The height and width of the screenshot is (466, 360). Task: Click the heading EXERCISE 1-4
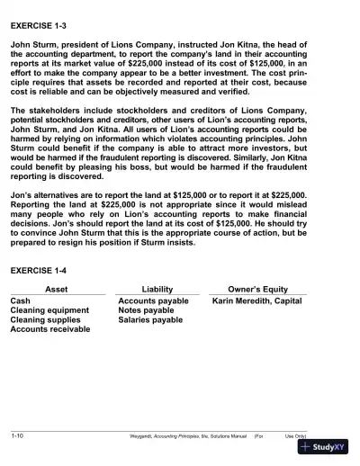click(x=40, y=270)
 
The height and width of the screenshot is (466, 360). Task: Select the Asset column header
click(x=56, y=289)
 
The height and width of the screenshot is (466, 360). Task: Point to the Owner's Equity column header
click(x=257, y=289)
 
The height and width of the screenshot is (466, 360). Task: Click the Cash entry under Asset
click(x=20, y=300)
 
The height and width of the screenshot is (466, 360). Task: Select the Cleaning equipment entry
click(x=49, y=310)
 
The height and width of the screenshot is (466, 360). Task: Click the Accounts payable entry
click(x=153, y=300)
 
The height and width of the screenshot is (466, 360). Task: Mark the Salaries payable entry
click(x=150, y=320)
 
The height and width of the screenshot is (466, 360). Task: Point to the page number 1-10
click(x=17, y=435)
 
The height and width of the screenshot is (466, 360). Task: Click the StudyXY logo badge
click(x=324, y=447)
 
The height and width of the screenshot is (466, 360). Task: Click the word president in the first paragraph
click(x=85, y=44)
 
